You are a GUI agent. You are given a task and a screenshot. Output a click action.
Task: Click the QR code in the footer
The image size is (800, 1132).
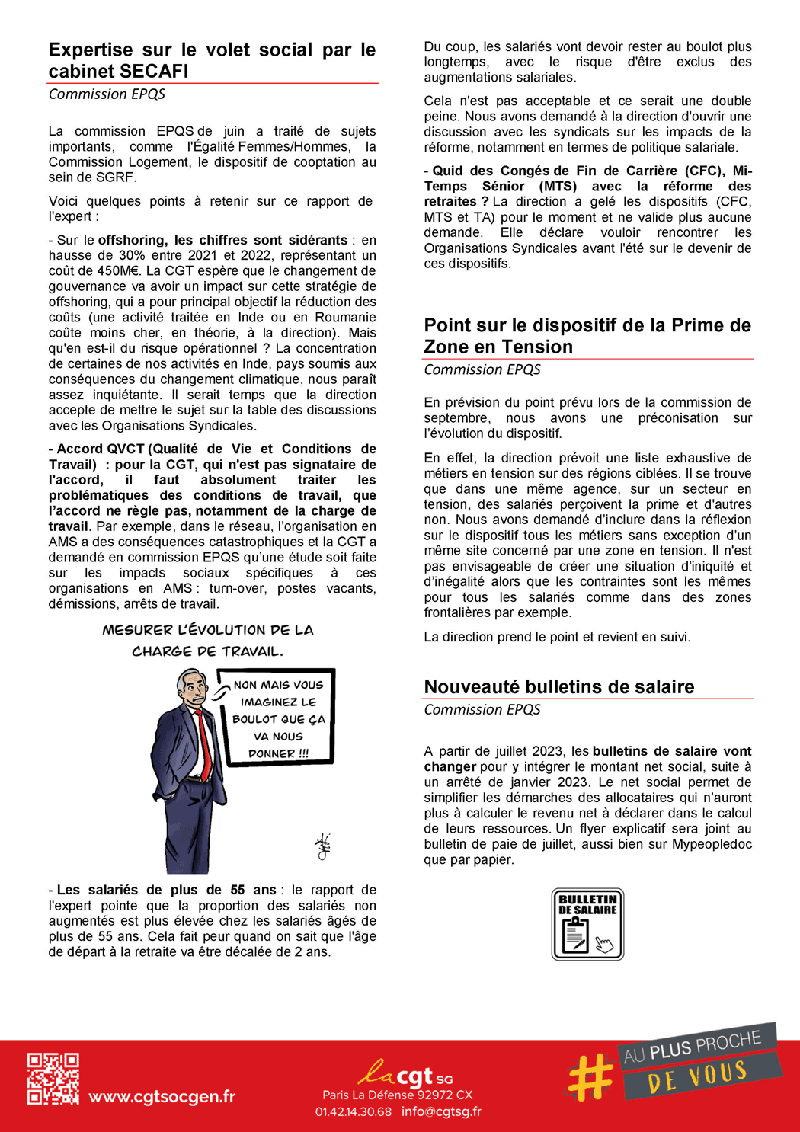click(x=53, y=1079)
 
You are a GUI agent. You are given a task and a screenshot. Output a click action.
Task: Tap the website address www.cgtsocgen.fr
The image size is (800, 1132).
click(x=162, y=1097)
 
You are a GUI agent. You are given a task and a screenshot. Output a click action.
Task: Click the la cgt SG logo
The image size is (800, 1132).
click(x=405, y=1074)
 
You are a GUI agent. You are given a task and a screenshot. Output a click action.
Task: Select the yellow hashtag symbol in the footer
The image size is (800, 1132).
click(x=590, y=1077)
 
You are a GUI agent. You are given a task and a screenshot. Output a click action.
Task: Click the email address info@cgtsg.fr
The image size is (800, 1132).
click(x=441, y=1111)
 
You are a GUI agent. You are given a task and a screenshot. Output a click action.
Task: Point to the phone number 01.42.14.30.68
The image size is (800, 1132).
click(x=354, y=1111)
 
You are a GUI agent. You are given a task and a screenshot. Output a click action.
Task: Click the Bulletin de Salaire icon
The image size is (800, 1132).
click(x=587, y=924)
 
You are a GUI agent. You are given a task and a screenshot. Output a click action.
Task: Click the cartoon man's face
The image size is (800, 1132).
click(x=194, y=689)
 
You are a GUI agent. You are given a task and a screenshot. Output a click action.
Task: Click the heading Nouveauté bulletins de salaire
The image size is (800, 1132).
click(x=558, y=686)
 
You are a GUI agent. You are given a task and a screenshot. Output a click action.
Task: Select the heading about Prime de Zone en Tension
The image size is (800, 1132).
click(x=587, y=335)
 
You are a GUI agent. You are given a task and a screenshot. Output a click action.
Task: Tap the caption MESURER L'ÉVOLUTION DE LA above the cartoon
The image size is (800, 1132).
click(x=208, y=630)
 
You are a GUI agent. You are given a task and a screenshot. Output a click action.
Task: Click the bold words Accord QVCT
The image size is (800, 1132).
click(x=101, y=449)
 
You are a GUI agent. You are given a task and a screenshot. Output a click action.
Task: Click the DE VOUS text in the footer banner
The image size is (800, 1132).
click(x=697, y=1076)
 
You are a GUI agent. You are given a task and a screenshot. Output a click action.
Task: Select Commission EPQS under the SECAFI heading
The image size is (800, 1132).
click(x=107, y=94)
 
